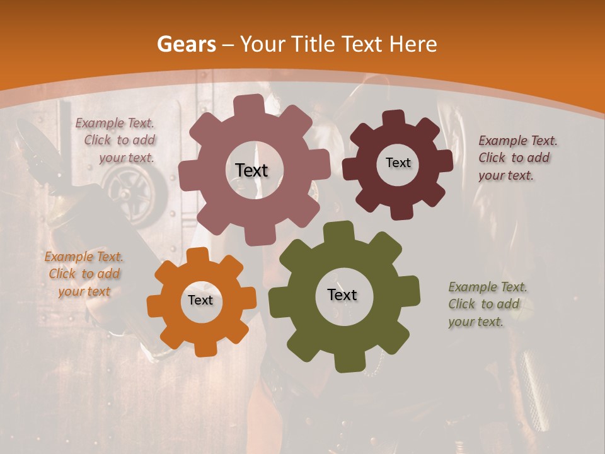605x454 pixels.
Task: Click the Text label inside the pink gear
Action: tap(251, 170)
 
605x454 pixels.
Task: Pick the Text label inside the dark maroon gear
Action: tap(398, 163)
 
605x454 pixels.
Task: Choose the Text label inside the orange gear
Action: tap(200, 300)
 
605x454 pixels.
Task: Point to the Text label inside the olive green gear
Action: tap(342, 294)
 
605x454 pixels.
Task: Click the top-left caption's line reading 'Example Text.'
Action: tap(115, 123)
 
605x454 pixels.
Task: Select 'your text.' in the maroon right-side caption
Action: tap(506, 176)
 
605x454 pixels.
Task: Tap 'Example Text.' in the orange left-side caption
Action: tap(84, 257)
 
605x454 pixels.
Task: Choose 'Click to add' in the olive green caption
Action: tap(483, 304)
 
